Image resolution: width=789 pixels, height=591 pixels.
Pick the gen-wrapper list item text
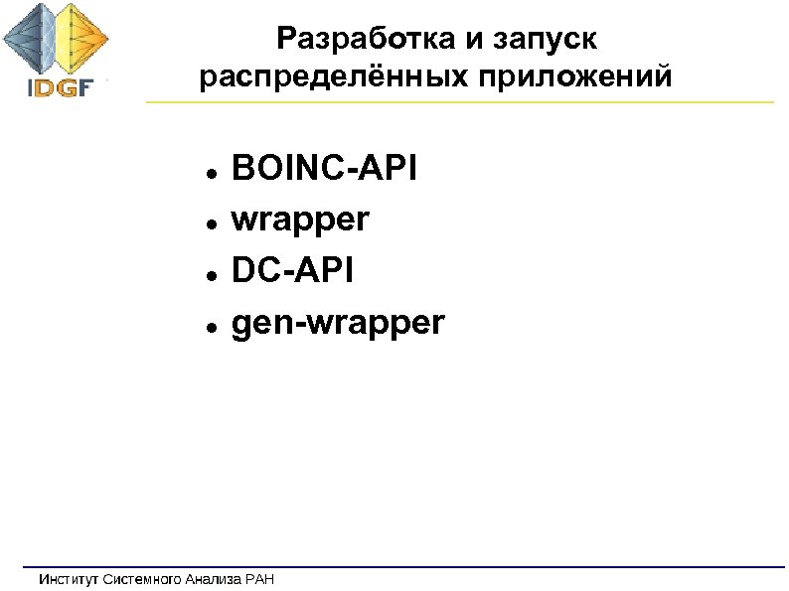click(x=338, y=322)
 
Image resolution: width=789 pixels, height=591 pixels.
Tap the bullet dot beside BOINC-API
click(x=213, y=171)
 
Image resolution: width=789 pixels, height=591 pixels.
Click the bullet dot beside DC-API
click(x=213, y=273)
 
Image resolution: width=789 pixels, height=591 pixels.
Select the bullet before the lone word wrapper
click(x=213, y=222)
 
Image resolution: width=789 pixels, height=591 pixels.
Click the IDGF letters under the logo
click(x=59, y=86)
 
